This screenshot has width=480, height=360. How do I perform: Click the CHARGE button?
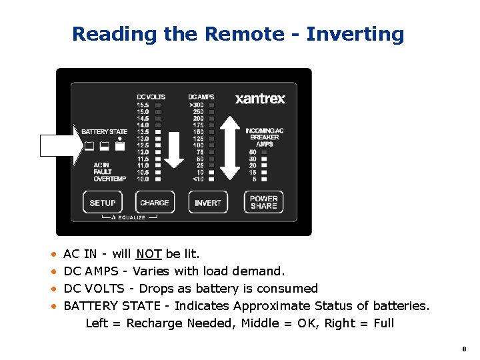[155, 203]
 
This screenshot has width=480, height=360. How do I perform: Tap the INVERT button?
[208, 203]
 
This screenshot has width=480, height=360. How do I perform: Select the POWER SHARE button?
[264, 203]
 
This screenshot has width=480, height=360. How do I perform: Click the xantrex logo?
[260, 99]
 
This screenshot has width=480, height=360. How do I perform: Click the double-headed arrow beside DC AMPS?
[229, 148]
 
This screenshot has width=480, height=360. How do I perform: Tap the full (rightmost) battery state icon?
[120, 146]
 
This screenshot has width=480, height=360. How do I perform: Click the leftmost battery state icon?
[89, 146]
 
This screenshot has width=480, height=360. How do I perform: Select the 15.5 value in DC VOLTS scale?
[143, 105]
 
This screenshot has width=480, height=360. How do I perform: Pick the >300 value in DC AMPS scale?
[197, 105]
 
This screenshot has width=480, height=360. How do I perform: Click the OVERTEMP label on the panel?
[109, 179]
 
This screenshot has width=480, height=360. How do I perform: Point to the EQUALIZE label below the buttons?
[131, 218]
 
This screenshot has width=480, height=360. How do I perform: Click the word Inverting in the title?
[355, 34]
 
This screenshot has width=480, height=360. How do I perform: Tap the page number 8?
[463, 349]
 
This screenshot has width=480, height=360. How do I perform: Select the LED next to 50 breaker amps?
[264, 153]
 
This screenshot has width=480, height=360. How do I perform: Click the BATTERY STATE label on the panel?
[104, 132]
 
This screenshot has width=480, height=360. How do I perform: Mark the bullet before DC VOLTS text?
[53, 289]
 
